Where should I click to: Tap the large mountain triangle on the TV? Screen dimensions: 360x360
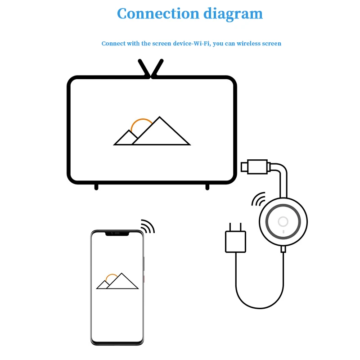(x=161, y=134)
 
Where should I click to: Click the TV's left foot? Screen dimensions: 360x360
(x=96, y=186)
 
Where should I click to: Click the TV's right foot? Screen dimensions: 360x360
(x=207, y=186)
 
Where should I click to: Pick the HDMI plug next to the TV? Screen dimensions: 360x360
(x=254, y=166)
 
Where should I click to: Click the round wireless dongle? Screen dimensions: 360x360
(x=283, y=221)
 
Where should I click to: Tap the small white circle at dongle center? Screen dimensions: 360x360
(x=283, y=221)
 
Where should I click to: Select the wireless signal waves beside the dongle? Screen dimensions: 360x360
(x=258, y=199)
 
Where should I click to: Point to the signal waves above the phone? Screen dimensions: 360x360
(x=148, y=226)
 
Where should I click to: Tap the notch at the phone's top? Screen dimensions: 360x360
(x=117, y=234)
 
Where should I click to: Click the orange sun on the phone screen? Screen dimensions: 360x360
(x=112, y=277)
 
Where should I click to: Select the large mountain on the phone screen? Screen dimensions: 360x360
(x=122, y=282)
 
